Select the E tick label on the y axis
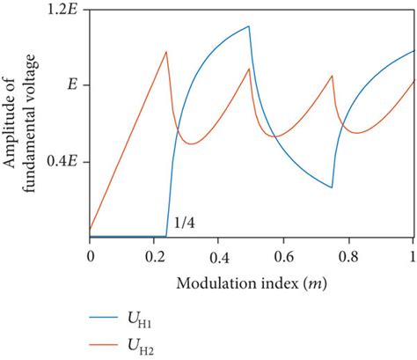pos(72,85)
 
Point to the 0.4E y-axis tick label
pos(62,162)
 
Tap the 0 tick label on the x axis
pos(90,254)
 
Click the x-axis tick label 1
pos(413,254)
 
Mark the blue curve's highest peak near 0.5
pos(250,26)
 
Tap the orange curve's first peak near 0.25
pos(166,52)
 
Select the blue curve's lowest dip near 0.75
pos(332,187)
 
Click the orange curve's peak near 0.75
pos(333,76)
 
